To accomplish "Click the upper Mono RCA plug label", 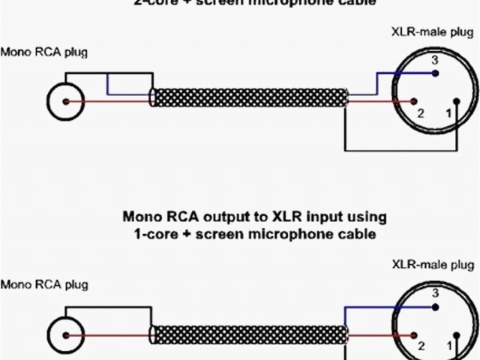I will pyautogui.click(x=44, y=52).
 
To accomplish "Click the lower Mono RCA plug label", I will pyautogui.click(x=44, y=285).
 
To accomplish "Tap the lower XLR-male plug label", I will pyautogui.click(x=433, y=265).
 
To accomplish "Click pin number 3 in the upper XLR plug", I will pyautogui.click(x=434, y=60).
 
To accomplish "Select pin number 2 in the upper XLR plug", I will pyautogui.click(x=421, y=113).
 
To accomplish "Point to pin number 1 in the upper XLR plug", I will pyautogui.click(x=449, y=113).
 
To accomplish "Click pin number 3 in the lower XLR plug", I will pyautogui.click(x=434, y=292).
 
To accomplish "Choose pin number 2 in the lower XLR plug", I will pyautogui.click(x=421, y=346).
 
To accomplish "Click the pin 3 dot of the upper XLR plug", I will pyautogui.click(x=435, y=73).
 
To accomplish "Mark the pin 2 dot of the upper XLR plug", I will pyautogui.click(x=412, y=101).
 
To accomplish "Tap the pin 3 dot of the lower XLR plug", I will pyautogui.click(x=435, y=306).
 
